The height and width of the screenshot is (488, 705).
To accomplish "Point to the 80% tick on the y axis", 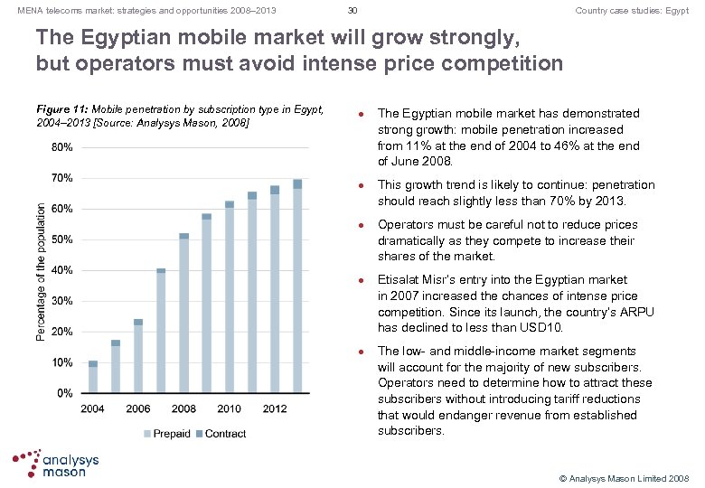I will tap(62, 146).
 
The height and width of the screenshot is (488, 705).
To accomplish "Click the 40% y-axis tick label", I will tap(62, 270).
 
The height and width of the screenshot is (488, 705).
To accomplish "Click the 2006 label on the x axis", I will tap(138, 408).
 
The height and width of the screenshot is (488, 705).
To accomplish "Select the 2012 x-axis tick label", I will tap(275, 408).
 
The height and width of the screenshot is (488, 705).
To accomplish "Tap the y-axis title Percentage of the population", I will tap(42, 270).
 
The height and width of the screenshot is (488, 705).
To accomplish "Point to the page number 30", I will tap(352, 10).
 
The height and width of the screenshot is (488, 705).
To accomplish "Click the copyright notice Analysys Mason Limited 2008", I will tap(623, 476).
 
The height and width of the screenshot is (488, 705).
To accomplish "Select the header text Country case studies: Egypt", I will tap(632, 10).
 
